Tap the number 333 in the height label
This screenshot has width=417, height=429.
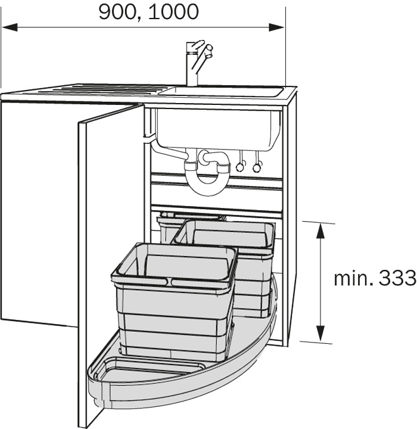coord(397,278)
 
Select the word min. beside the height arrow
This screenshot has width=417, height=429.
coord(353,278)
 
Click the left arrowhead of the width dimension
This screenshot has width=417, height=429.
coord(10,27)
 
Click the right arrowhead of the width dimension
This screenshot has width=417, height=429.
coord(276,27)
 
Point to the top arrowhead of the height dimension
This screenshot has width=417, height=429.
coord(320,231)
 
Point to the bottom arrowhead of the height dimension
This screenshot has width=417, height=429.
coord(320,334)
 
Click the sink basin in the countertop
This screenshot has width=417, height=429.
coord(221,91)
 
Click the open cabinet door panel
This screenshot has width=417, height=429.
coord(110,260)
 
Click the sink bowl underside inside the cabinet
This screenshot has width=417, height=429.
coord(218,129)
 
